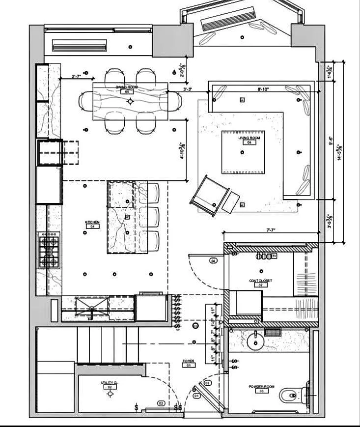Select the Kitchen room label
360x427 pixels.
92,223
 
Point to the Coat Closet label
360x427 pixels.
260,281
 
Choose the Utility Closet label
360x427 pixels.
109,383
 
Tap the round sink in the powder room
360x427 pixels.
254,340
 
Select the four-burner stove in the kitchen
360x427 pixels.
49,251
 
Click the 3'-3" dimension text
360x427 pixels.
188,89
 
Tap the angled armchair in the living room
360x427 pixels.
210,195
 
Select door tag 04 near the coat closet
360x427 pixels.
213,260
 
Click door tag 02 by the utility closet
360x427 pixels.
161,403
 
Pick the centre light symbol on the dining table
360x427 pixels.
130,101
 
